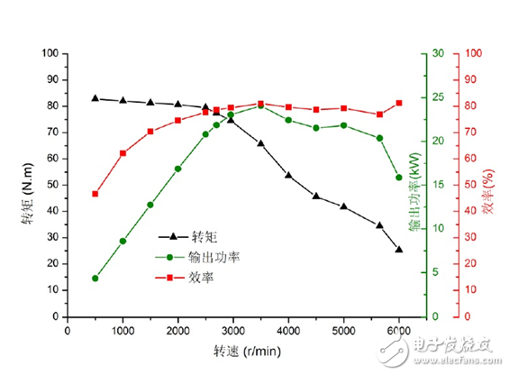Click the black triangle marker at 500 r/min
point(95,98)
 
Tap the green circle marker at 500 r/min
point(95,279)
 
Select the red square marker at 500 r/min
point(95,194)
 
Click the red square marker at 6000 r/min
point(399,103)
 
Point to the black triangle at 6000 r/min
point(399,250)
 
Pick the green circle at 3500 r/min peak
point(260,105)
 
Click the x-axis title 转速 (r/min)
point(245,351)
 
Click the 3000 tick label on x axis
point(233,330)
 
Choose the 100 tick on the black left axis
point(50,53)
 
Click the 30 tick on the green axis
point(439,53)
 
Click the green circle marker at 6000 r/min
point(399,178)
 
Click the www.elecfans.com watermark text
point(452,359)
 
